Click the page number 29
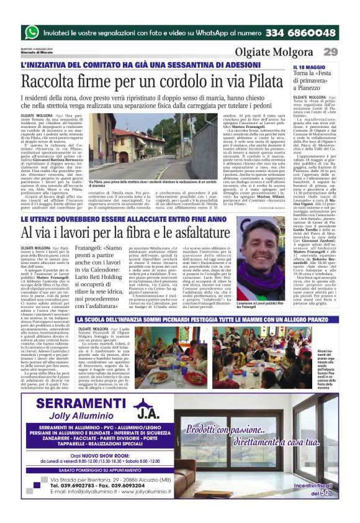point(330,51)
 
